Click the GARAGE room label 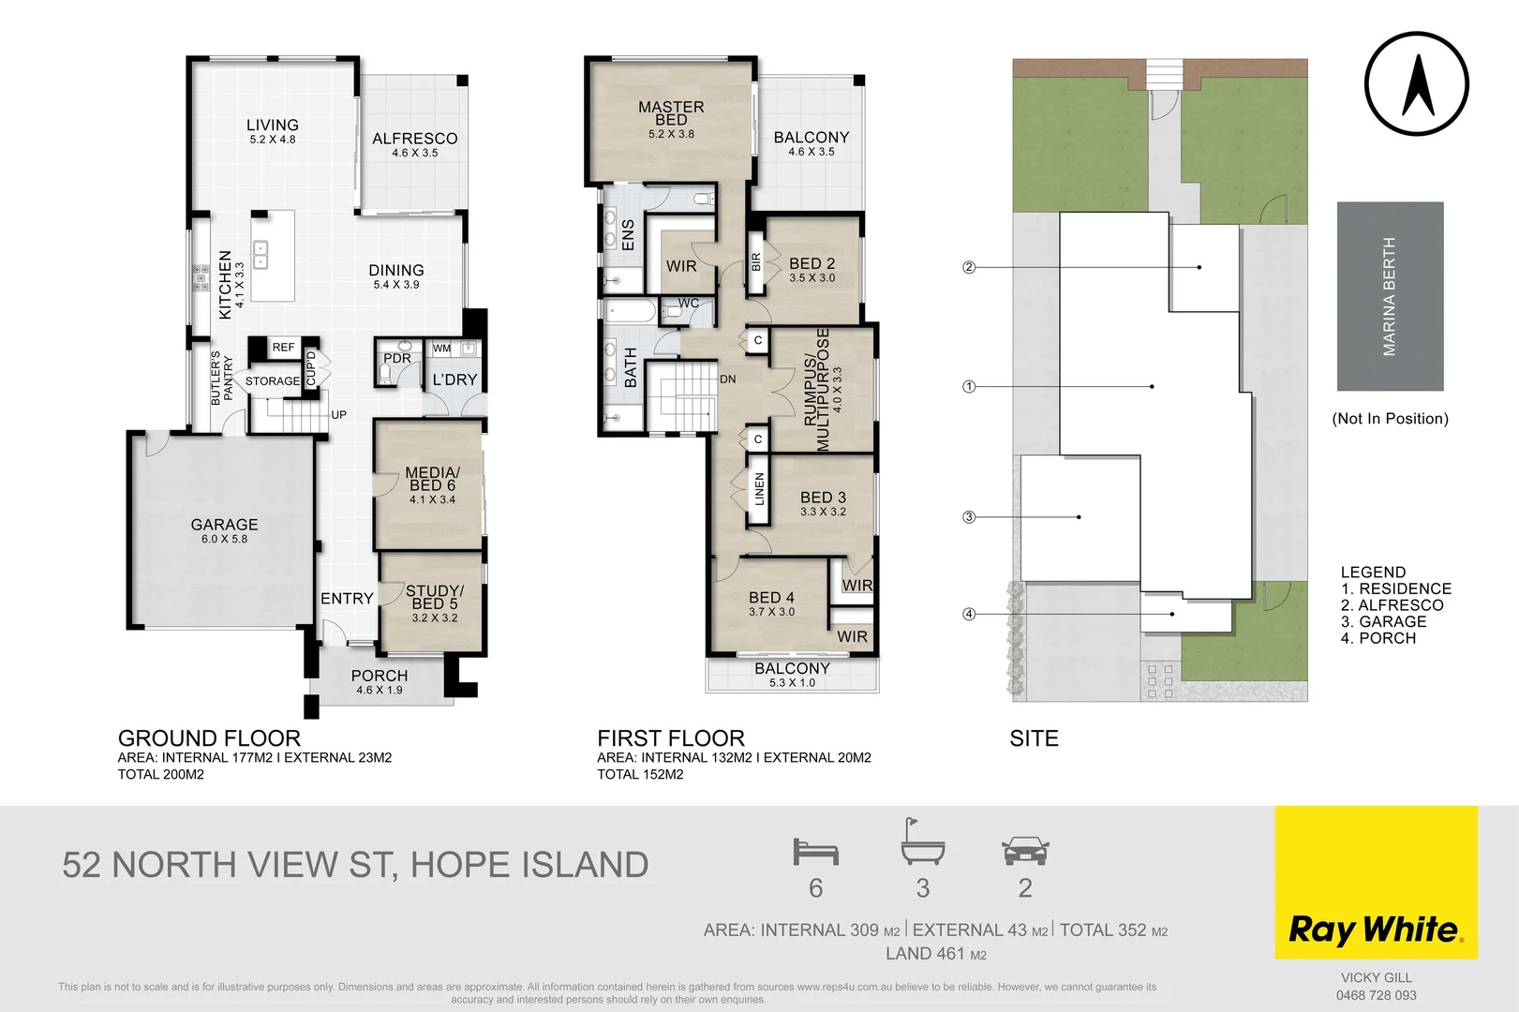coord(224,525)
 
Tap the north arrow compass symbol coord(1416,84)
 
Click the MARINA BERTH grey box coord(1390,296)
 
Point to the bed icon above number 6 coord(815,852)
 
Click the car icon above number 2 coord(1025,852)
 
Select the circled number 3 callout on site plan coord(969,517)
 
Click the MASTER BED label coord(671,113)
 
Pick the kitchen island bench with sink coord(273,255)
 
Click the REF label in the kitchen coord(283,348)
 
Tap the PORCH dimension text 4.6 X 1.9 coord(379,691)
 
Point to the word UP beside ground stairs coord(338,414)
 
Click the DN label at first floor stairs coord(728,379)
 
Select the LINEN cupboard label coord(759,489)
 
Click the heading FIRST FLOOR coord(671,738)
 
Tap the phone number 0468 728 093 coord(1376,995)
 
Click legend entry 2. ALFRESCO coord(1392,605)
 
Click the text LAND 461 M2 coord(935,954)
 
